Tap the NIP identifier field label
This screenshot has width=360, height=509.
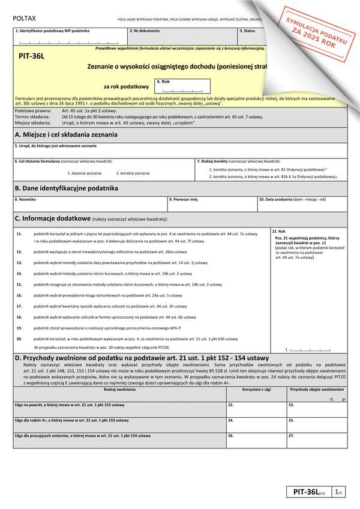(x=50, y=29)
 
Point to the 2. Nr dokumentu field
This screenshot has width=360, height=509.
(x=145, y=29)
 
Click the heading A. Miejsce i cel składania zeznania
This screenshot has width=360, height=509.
(x=65, y=134)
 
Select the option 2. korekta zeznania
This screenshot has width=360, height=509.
(x=133, y=173)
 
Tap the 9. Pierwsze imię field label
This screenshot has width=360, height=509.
(x=183, y=199)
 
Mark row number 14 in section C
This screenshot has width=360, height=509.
(x=19, y=273)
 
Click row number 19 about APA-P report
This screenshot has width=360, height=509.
(x=19, y=328)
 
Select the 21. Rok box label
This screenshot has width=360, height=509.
(x=279, y=231)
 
